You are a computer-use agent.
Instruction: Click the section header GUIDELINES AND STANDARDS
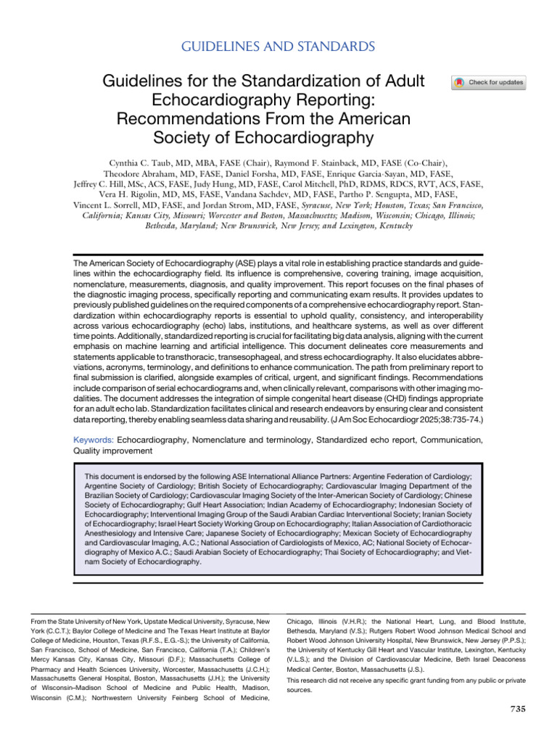pos(278,47)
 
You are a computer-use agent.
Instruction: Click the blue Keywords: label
pos(94,440)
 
